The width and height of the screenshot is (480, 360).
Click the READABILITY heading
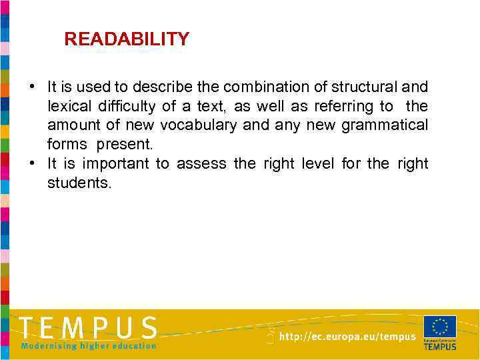[127, 39]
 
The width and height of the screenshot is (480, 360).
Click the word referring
[359, 106]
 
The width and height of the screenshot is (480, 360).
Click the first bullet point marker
[31, 87]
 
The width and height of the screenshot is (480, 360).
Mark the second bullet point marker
[31, 163]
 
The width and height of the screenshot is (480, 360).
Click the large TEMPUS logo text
[88, 328]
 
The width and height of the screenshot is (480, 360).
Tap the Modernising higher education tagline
[89, 345]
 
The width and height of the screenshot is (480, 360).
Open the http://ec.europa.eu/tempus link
[347, 337]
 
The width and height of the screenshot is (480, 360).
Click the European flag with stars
[440, 327]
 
